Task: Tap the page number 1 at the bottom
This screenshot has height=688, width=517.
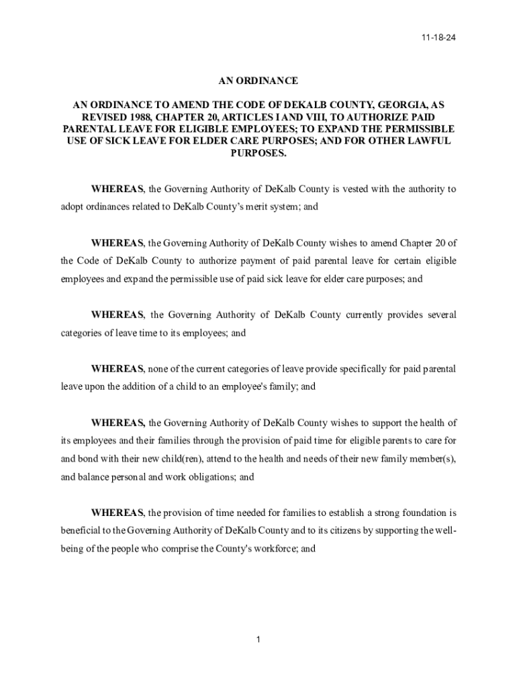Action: [x=258, y=639]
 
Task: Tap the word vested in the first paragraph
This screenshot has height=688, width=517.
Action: [x=357, y=189]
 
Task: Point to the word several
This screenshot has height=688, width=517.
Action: [x=438, y=314]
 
